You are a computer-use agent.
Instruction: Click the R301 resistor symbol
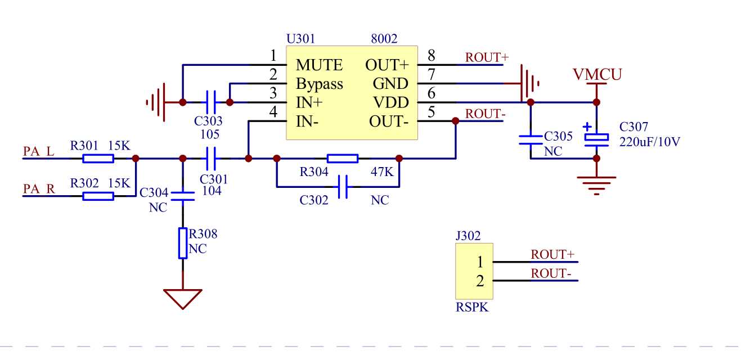click(98, 159)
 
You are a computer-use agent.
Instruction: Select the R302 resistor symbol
click(98, 196)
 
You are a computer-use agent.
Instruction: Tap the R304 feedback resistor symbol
click(342, 159)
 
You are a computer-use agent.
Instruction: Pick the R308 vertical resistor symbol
click(183, 243)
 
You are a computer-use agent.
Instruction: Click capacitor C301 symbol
click(212, 159)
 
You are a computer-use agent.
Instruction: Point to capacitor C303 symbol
click(212, 102)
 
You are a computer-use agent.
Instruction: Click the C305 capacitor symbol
click(530, 139)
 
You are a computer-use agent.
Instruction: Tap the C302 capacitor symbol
click(343, 186)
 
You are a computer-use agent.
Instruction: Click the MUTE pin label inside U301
click(319, 65)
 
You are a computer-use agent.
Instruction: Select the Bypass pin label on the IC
click(320, 84)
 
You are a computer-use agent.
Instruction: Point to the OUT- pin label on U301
click(388, 121)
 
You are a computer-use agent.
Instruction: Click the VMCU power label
click(597, 74)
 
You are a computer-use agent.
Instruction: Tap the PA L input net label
click(39, 151)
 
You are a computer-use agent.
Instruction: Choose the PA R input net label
click(39, 188)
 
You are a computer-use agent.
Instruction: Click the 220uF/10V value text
click(650, 142)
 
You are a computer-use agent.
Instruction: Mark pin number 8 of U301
click(431, 56)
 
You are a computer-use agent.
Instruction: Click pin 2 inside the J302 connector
click(479, 281)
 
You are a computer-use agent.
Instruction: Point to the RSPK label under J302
click(471, 308)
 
